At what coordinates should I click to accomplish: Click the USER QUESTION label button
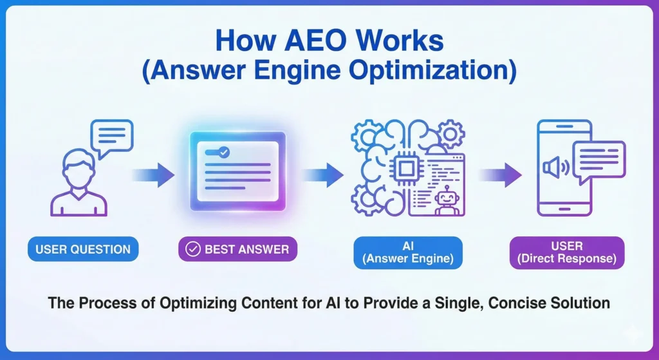pos(83,249)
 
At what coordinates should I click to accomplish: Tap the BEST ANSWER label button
pos(237,249)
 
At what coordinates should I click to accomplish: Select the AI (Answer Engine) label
pos(407,252)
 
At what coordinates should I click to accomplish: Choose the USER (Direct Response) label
pos(566,252)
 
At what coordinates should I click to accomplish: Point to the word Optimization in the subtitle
pos(437,70)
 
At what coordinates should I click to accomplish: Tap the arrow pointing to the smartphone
pos(500,173)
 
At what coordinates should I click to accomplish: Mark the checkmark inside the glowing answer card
pos(223,153)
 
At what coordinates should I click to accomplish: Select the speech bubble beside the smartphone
pos(599,160)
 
